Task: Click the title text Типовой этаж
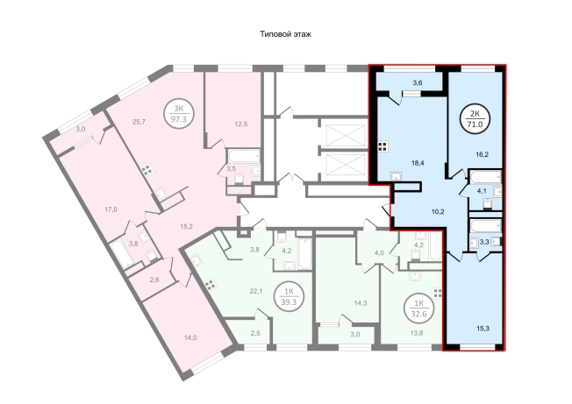point(286,34)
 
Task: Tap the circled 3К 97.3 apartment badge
point(178,114)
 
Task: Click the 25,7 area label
point(139,122)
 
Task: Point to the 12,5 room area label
point(241,124)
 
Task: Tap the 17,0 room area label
point(111,209)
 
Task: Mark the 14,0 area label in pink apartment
point(190,337)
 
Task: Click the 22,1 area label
point(256,291)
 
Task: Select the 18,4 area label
point(418,163)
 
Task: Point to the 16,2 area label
point(483,154)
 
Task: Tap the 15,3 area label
point(483,329)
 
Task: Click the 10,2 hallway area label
point(438,212)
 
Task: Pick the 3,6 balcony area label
point(418,82)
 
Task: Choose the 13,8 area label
point(417,333)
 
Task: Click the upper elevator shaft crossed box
point(346,135)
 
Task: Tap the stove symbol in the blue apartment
point(383,146)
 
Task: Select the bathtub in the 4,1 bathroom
point(485,177)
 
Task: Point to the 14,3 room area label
point(361,303)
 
